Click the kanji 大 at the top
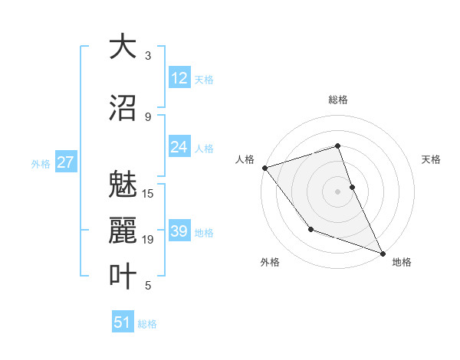(122, 47)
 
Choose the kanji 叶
(122, 277)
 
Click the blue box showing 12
(179, 77)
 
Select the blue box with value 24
(179, 147)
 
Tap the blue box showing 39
(179, 231)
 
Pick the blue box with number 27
(65, 162)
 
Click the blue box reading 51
(123, 322)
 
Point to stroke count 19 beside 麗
(148, 240)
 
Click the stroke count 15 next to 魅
(148, 193)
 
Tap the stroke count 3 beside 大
(148, 56)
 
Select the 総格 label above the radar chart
(337, 100)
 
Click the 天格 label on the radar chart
(432, 159)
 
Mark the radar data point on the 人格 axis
(264, 167)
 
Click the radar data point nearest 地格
(383, 253)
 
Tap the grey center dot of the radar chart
(337, 191)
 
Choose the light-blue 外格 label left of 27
(41, 163)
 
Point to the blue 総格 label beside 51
(147, 324)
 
